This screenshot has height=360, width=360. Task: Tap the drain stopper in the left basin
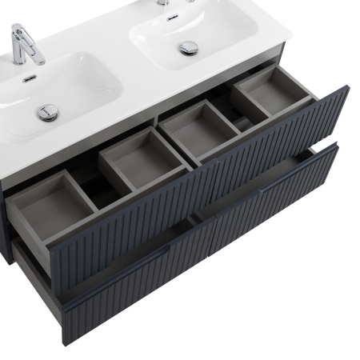[x=47, y=112]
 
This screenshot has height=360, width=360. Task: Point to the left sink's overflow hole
[x=29, y=78]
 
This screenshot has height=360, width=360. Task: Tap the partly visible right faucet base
[x=164, y=2]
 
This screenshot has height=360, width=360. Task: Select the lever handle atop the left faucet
[x=22, y=34]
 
